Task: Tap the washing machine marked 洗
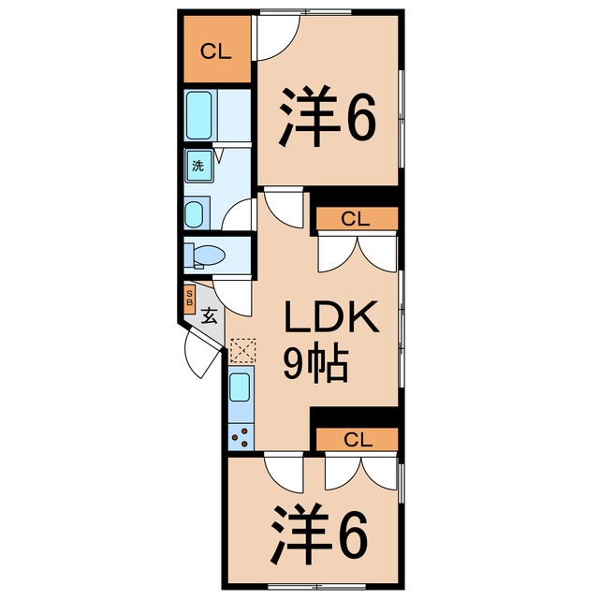[197, 167]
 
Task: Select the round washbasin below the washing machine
[195, 214]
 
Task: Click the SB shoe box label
[189, 299]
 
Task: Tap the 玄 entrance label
[210, 315]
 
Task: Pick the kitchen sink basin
[240, 385]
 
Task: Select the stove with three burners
[240, 436]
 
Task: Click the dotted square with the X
[241, 349]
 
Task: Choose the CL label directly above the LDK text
[355, 220]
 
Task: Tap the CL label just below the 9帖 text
[357, 439]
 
